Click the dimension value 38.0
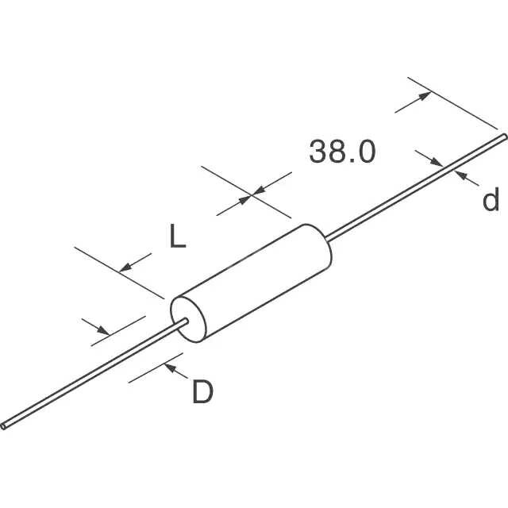(342, 152)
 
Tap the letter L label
(178, 236)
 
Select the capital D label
(203, 391)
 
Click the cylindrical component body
(251, 283)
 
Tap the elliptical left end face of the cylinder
(188, 319)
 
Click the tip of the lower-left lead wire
(3, 426)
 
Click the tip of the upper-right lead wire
(505, 137)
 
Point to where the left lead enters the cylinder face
(187, 321)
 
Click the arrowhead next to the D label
(170, 368)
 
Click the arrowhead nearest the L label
(125, 267)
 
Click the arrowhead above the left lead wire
(104, 330)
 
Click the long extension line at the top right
(452, 103)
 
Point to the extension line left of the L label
(119, 273)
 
